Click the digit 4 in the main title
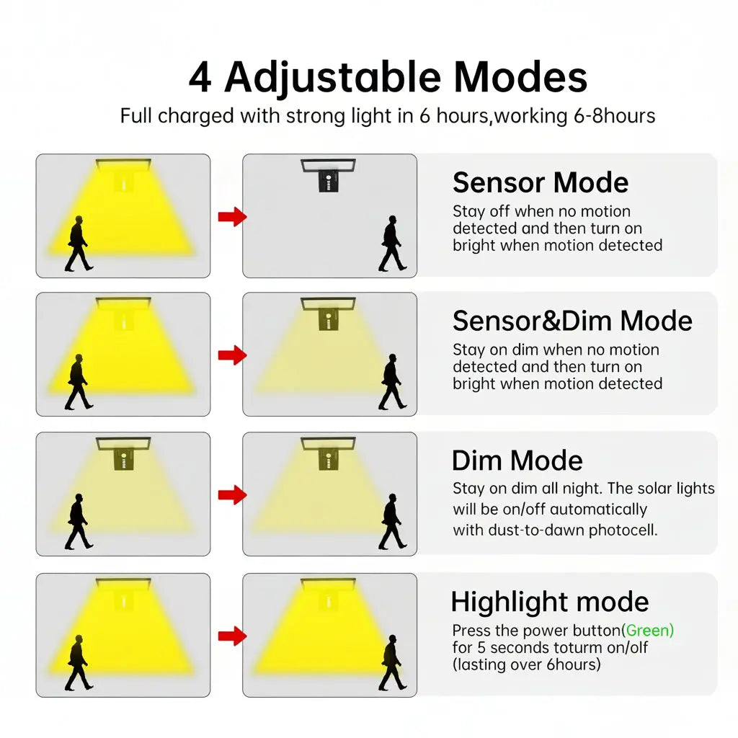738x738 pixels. pyautogui.click(x=200, y=78)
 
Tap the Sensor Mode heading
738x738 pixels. pyautogui.click(x=541, y=182)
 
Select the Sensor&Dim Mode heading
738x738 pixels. pyautogui.click(x=572, y=321)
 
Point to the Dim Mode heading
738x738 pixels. pyautogui.click(x=517, y=461)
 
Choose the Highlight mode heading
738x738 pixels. pyautogui.click(x=550, y=602)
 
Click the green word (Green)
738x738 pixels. pyautogui.click(x=648, y=630)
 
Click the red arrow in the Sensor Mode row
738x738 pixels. pyautogui.click(x=233, y=217)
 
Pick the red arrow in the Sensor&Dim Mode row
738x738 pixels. pyautogui.click(x=233, y=355)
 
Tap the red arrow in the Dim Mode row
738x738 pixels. pyautogui.click(x=233, y=494)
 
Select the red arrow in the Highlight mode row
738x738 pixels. pyautogui.click(x=233, y=636)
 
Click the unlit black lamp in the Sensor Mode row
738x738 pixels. pyautogui.click(x=329, y=175)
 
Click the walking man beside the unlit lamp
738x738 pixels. pyautogui.click(x=392, y=244)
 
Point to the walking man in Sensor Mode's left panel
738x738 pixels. pyautogui.click(x=79, y=244)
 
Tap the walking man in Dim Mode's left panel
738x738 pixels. pyautogui.click(x=79, y=522)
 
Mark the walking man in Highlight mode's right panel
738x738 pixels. pyautogui.click(x=392, y=663)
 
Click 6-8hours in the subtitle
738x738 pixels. pyautogui.click(x=614, y=116)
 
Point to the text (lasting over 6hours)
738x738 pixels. pyautogui.click(x=527, y=664)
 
